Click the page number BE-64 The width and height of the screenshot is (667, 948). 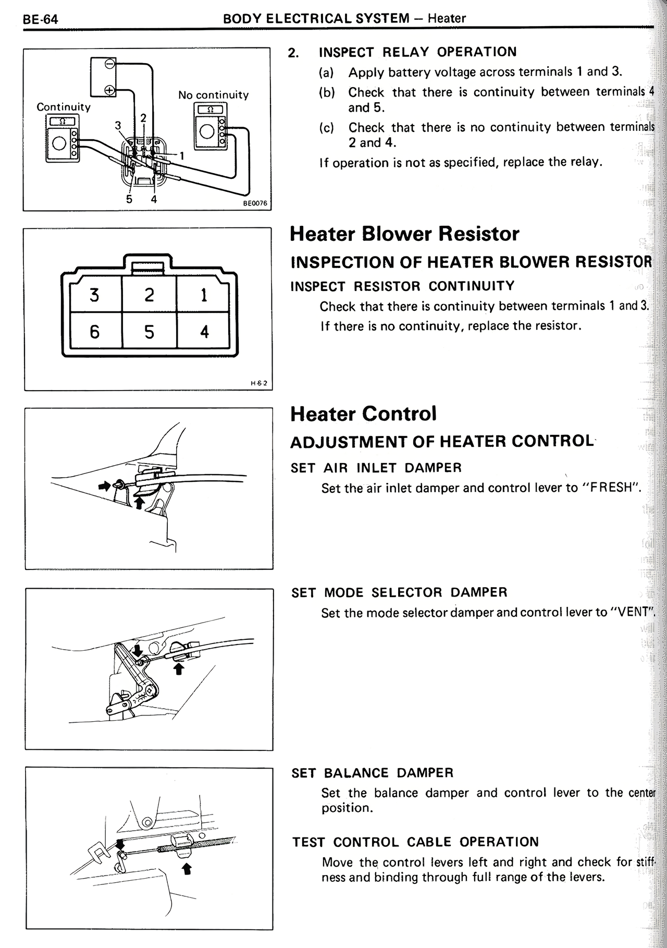click(x=40, y=20)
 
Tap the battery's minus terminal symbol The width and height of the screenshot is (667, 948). click(x=110, y=64)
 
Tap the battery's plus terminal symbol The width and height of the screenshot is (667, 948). click(x=110, y=90)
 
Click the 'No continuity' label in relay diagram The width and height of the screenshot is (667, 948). click(x=213, y=95)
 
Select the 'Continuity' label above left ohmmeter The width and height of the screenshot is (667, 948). click(x=63, y=107)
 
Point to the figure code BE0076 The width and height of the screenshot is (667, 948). click(x=255, y=203)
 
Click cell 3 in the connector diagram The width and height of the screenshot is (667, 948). click(x=94, y=295)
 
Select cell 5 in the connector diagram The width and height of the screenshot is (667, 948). click(x=150, y=332)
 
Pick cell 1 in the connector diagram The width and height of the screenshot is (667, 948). click(x=204, y=295)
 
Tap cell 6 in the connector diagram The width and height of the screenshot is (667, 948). click(x=94, y=332)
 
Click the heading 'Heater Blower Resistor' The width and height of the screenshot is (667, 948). click(x=404, y=234)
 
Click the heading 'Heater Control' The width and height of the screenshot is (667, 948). click(x=363, y=414)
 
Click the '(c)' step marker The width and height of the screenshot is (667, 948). click(x=326, y=128)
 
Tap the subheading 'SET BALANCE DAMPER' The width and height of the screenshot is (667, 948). click(x=372, y=773)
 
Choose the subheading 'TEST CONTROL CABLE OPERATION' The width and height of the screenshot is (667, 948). click(x=415, y=842)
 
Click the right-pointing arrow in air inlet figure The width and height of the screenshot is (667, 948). click(x=105, y=485)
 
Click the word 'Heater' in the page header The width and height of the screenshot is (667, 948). click(x=447, y=19)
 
